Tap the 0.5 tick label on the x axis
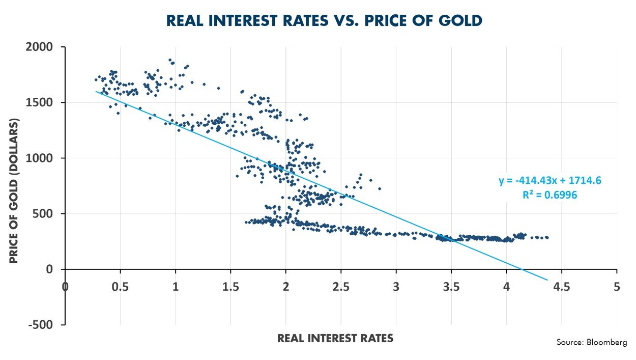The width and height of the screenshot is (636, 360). pyautogui.click(x=120, y=287)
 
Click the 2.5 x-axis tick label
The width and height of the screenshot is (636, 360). pyautogui.click(x=341, y=287)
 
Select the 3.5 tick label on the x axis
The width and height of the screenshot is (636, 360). pyautogui.click(x=451, y=287)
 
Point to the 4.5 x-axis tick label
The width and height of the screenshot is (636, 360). pyautogui.click(x=562, y=287)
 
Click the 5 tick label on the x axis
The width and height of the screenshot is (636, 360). pyautogui.click(x=617, y=287)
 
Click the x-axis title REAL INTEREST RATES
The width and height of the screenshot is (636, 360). pyautogui.click(x=335, y=338)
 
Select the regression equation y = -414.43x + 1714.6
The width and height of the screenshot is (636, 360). pyautogui.click(x=551, y=181)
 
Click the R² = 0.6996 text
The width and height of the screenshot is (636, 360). pyautogui.click(x=550, y=195)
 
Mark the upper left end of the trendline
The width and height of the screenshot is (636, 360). pyautogui.click(x=96, y=92)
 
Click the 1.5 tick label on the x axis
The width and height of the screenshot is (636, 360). pyautogui.click(x=230, y=287)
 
